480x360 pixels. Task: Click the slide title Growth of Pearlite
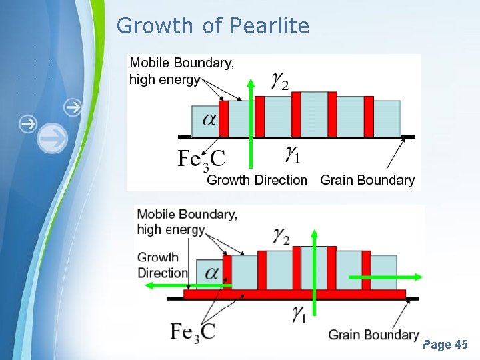213,26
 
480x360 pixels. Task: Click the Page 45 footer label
445,345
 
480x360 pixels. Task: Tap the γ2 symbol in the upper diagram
281,81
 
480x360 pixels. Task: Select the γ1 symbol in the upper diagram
292,155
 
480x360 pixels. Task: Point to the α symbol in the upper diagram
209,119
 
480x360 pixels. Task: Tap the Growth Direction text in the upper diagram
257,180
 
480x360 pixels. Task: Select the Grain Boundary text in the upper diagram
367,180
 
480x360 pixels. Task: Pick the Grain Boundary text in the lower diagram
373,334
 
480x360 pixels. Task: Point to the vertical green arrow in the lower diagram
315,280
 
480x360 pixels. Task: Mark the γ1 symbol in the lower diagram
299,315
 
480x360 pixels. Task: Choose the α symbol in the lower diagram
213,273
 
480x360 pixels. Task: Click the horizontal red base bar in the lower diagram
294,294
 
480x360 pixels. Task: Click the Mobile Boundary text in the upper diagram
181,63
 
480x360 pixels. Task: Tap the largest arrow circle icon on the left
52,138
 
